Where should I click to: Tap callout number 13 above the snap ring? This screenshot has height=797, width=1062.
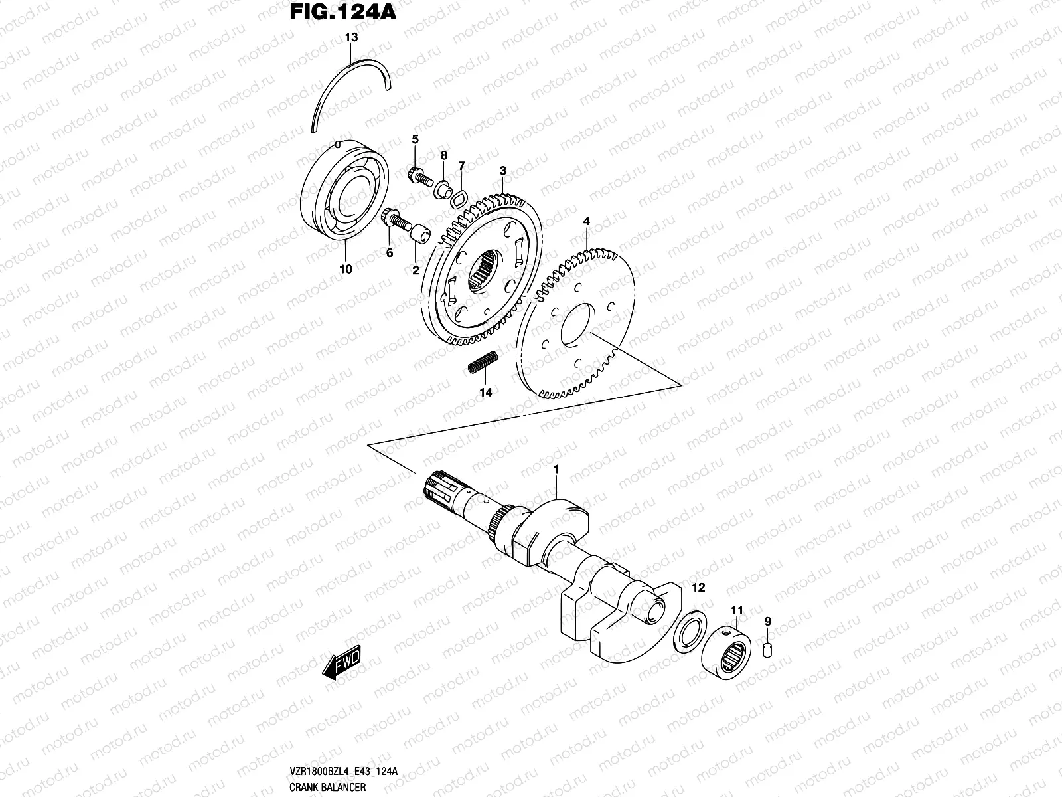pos(351,38)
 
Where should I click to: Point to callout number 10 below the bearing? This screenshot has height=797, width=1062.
pos(345,270)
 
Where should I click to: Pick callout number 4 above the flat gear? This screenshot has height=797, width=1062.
pos(586,220)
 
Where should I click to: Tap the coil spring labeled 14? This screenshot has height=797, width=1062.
pos(482,365)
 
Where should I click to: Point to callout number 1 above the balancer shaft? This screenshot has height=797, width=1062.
pos(556,470)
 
